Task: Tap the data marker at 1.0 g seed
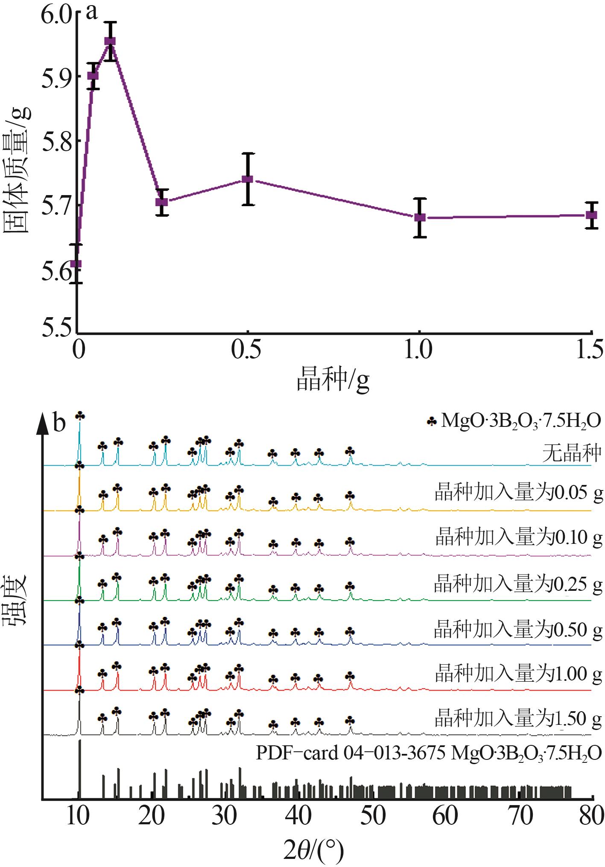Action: click(x=420, y=217)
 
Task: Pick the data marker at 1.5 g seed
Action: click(x=591, y=215)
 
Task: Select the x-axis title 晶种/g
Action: click(x=333, y=380)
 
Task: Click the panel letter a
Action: click(x=92, y=12)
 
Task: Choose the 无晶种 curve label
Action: click(x=572, y=453)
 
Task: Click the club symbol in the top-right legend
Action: click(x=432, y=422)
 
